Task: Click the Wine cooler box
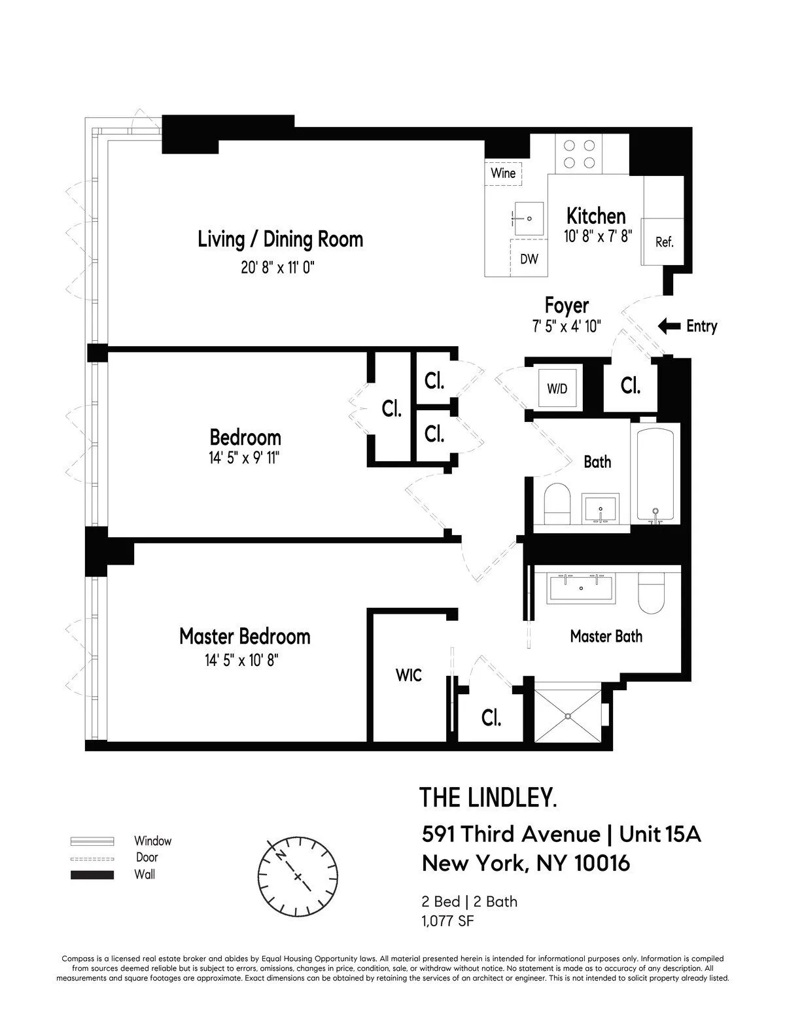503,173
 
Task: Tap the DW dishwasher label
529,259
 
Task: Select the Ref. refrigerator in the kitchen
664,241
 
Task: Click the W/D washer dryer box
557,389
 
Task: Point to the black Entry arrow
669,326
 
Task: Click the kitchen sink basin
528,218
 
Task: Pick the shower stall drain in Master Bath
568,716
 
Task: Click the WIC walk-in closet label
408,674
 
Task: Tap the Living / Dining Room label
280,239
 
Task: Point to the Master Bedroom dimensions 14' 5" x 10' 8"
241,661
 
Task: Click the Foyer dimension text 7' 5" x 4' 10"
567,325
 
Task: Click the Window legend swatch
92,841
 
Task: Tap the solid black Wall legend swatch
92,875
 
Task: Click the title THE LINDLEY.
488,797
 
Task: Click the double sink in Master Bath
581,587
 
